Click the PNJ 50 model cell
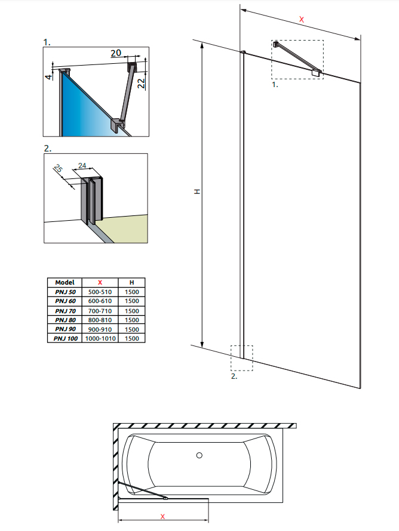tap(65, 292)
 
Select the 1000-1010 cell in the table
tap(100, 338)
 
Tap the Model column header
tap(65, 282)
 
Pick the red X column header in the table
tap(100, 282)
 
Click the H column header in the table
tap(132, 282)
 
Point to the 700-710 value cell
tap(100, 310)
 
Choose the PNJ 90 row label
tap(65, 329)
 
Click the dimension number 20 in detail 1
tap(116, 53)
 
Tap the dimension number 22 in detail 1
tap(141, 82)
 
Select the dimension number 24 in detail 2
tap(82, 166)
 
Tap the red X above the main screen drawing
tap(302, 20)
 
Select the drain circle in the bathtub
tap(199, 456)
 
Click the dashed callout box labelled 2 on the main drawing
tap(242, 358)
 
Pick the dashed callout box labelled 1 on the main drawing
tap(297, 60)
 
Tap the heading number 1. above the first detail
tap(47, 42)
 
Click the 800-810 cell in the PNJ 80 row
tap(100, 320)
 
